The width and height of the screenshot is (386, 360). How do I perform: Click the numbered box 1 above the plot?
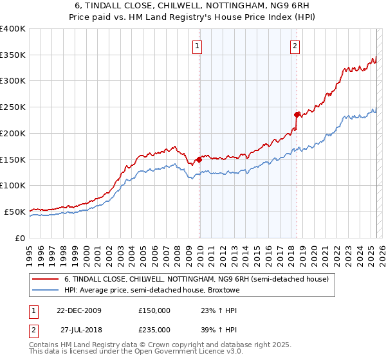196,46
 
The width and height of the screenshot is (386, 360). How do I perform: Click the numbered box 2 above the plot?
294,46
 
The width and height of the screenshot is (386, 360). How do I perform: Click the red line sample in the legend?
44,279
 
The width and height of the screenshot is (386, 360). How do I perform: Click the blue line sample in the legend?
44,290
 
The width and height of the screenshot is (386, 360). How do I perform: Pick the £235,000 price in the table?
154,330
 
